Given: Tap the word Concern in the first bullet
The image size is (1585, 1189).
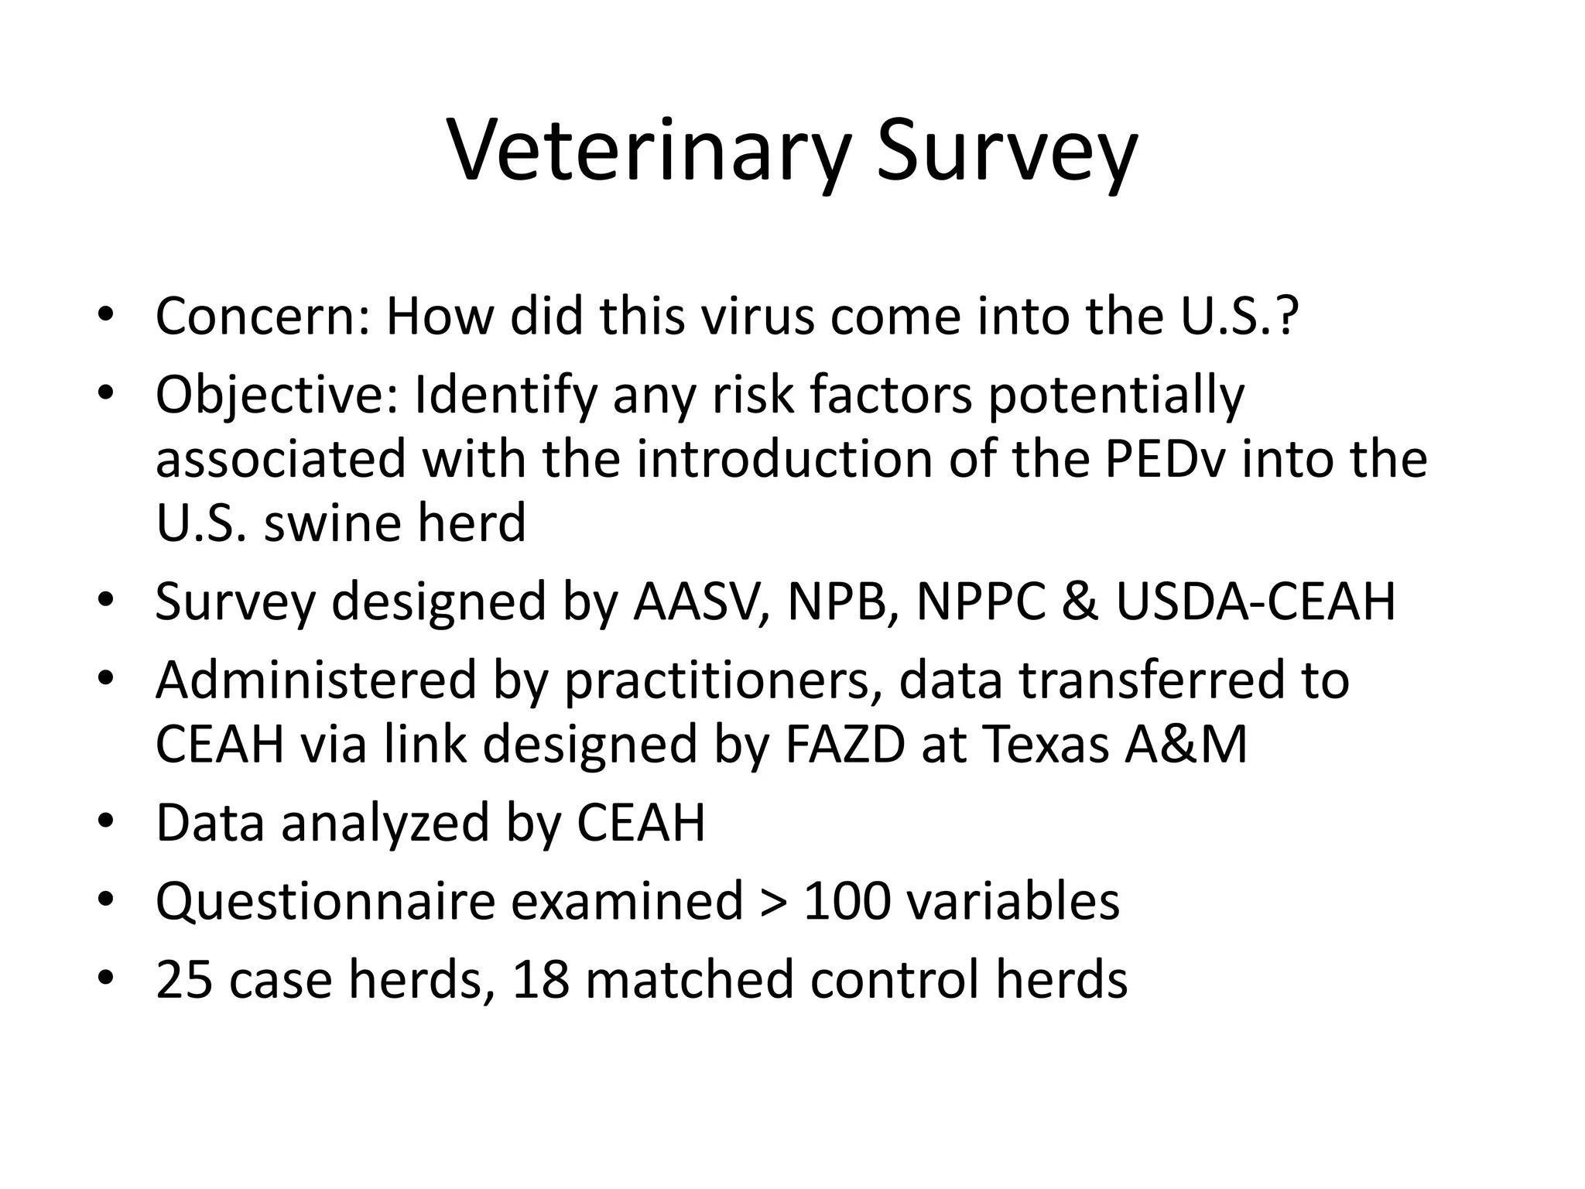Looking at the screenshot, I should click(x=262, y=317).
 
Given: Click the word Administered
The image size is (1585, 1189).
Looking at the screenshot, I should click(x=316, y=680).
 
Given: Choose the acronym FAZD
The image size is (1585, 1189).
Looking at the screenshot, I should click(x=844, y=744).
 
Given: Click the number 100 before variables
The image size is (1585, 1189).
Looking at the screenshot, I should click(x=847, y=901).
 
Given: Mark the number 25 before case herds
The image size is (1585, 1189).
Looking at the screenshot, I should click(x=184, y=979).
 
